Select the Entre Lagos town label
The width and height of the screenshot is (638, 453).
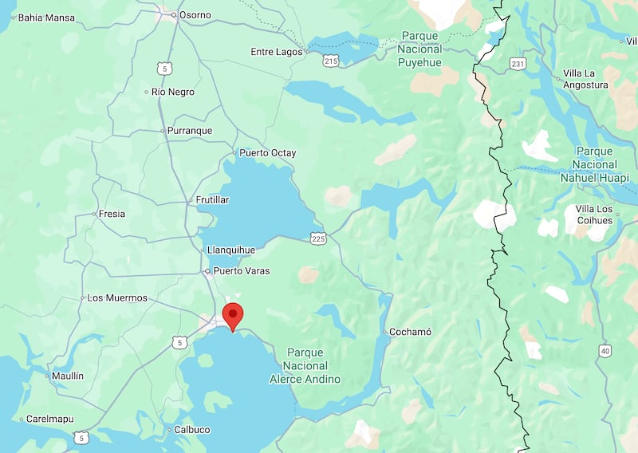[276, 52]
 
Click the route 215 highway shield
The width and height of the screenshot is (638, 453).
[331, 60]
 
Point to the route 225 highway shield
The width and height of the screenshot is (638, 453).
[318, 238]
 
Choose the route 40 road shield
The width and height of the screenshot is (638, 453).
[605, 351]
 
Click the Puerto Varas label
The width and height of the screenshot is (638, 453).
[240, 271]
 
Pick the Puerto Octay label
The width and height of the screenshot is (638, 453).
[267, 153]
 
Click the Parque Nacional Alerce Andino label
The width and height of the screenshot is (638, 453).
[305, 365]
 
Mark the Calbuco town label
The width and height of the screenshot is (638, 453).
[191, 430]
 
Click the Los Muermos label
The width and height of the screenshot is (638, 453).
[116, 298]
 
